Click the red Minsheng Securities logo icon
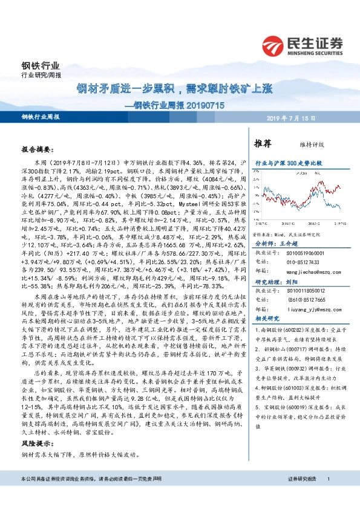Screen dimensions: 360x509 pos(276,46)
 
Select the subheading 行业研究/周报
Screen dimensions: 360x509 pos(38,76)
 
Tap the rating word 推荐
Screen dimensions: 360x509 pos(262,144)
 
